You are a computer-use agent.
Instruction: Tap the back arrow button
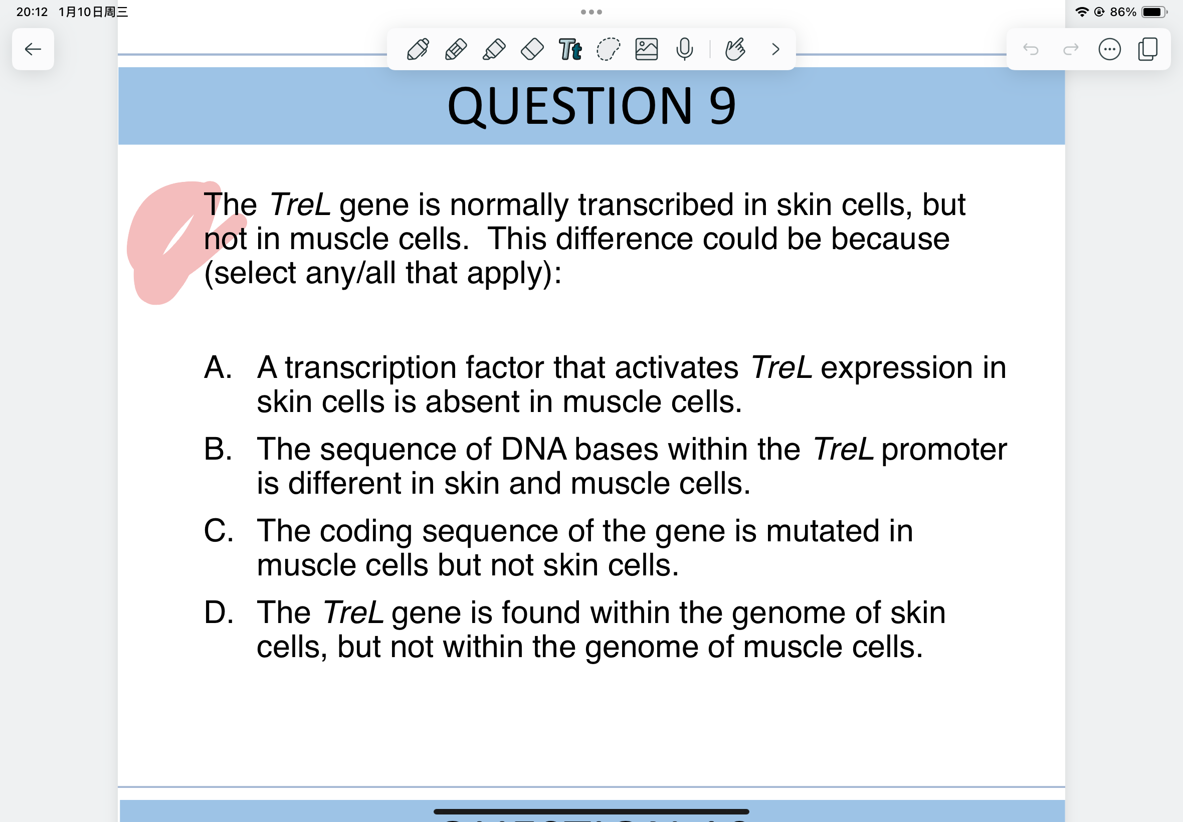point(33,50)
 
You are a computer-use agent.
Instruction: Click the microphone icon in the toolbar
point(684,50)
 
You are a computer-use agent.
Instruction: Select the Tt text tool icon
point(570,50)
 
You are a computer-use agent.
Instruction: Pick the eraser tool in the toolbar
point(532,50)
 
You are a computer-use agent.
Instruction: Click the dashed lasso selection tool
point(608,50)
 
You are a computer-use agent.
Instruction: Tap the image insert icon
point(646,50)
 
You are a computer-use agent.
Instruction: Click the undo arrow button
point(1031,50)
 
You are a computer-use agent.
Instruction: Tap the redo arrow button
point(1071,50)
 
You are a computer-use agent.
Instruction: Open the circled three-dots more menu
point(1109,50)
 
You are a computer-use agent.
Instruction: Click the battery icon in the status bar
point(1154,12)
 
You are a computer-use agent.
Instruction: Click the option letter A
point(218,368)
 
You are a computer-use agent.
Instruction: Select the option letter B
point(218,449)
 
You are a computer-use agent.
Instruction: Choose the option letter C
point(219,530)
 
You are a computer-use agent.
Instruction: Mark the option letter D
point(219,612)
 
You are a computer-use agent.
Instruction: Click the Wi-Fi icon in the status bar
point(1082,12)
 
